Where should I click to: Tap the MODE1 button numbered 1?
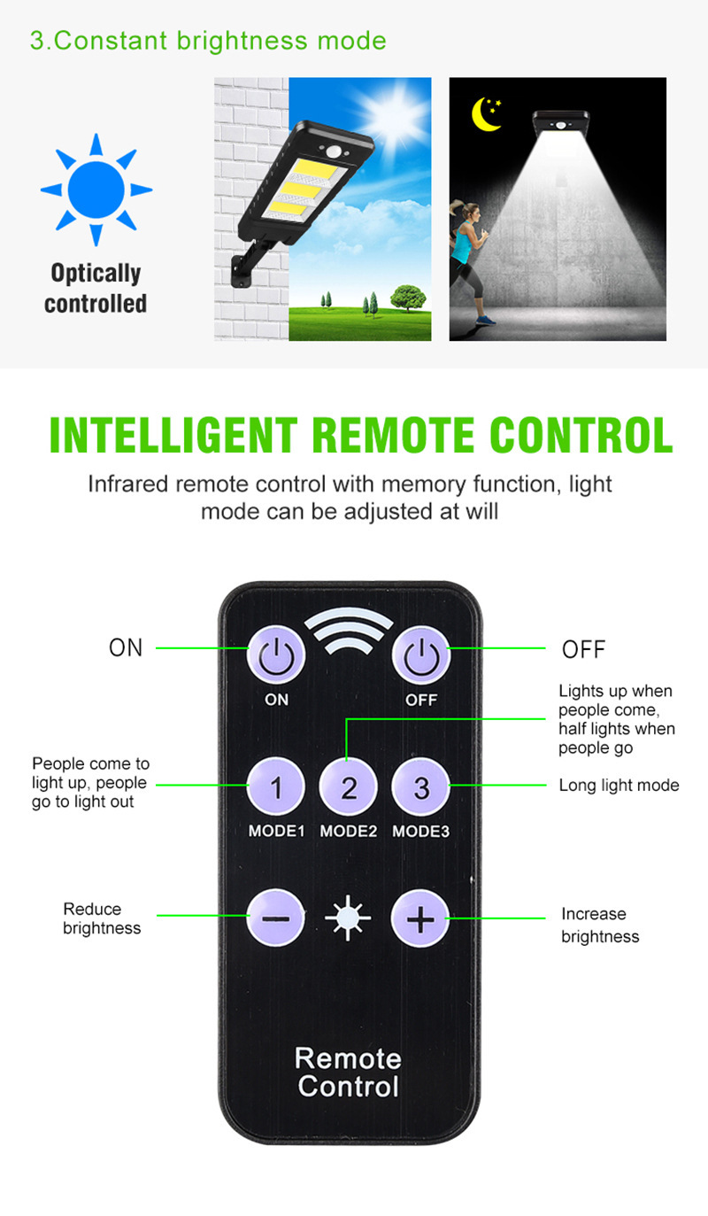point(276,787)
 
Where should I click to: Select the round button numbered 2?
point(349,787)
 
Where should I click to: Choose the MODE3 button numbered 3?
point(421,787)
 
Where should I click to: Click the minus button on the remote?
point(275,918)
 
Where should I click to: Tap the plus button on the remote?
point(420,918)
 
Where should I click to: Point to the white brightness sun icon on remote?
point(348,918)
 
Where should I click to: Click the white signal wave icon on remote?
point(349,631)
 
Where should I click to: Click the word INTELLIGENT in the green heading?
point(173,435)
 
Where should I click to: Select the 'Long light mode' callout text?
point(619,785)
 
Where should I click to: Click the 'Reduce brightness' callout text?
point(102,918)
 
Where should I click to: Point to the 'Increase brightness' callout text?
point(600,925)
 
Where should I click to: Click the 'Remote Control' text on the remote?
point(349,1073)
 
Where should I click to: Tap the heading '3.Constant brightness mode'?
point(208,42)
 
